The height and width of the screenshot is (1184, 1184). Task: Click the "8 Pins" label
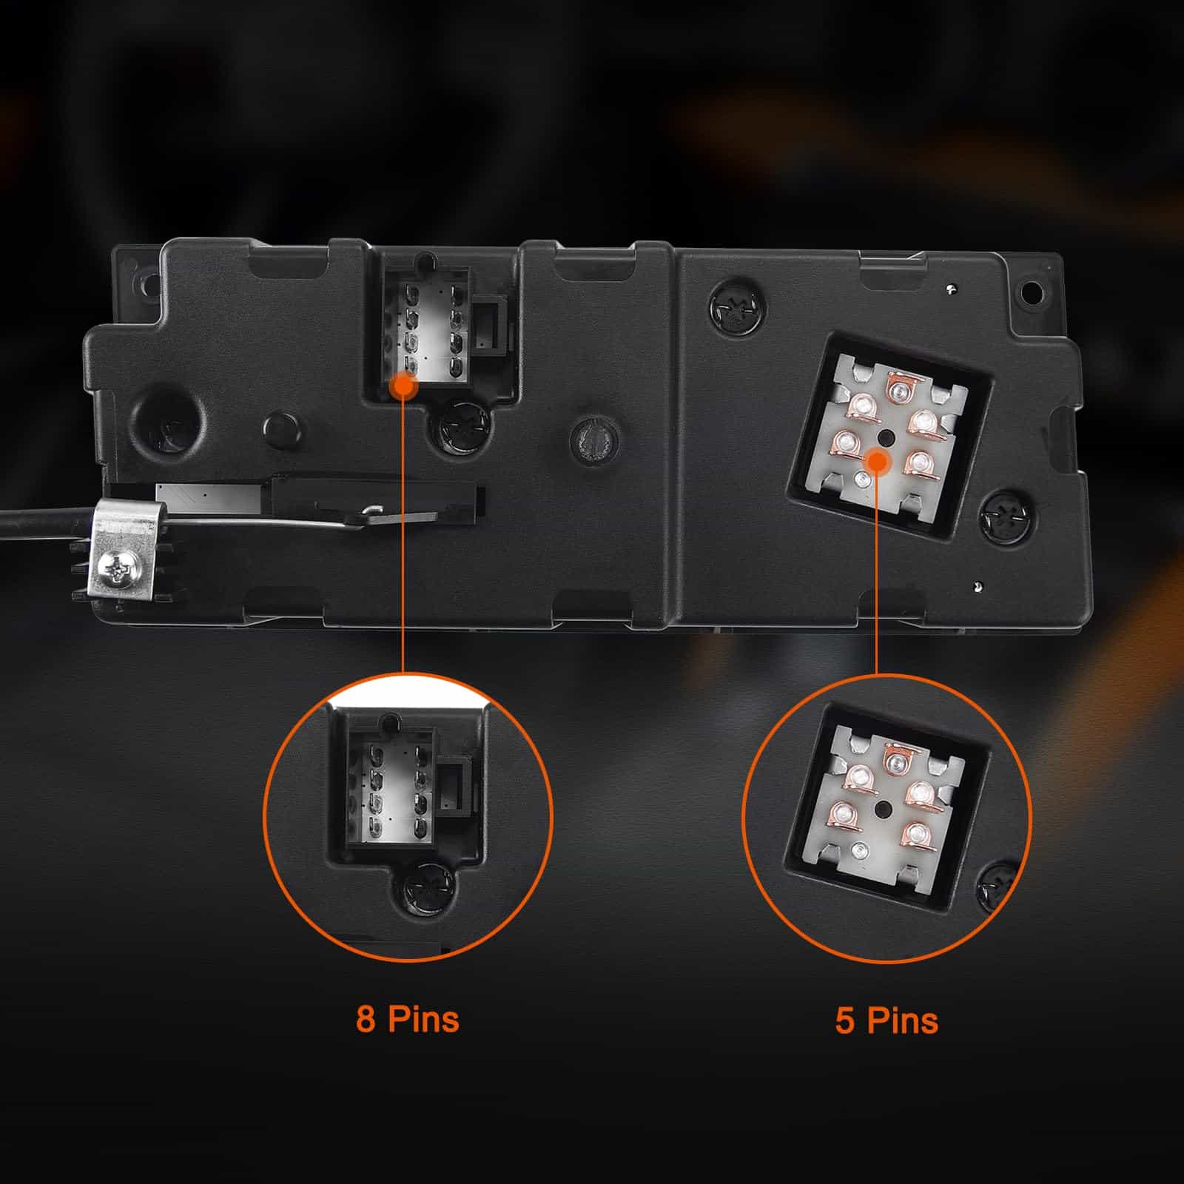[x=407, y=1018]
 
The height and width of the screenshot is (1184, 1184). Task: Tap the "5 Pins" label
[x=887, y=1020]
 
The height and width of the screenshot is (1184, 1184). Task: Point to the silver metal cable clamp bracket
[x=126, y=548]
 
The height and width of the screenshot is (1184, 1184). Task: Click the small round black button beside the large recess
[x=279, y=427]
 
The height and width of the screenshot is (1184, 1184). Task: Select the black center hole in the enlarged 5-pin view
[x=882, y=810]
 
